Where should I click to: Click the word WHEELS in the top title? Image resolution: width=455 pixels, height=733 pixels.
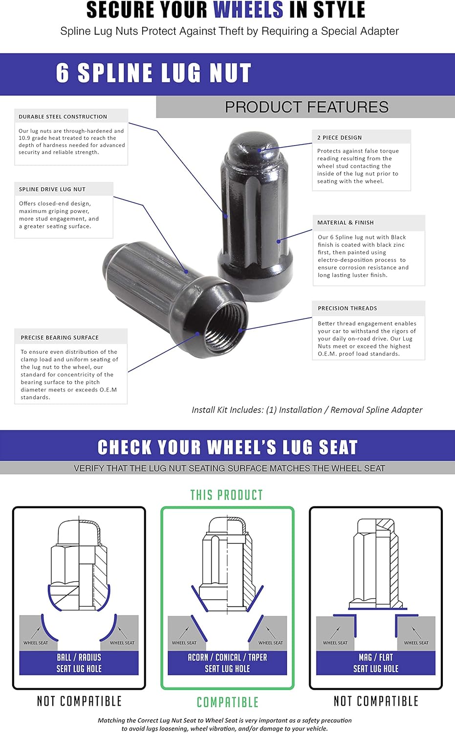(x=248, y=10)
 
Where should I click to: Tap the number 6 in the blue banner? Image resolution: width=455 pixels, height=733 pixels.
(x=63, y=73)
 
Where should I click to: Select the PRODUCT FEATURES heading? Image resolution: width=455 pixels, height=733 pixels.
(x=306, y=107)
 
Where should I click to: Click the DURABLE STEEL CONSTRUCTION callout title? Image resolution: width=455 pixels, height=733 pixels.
(x=63, y=117)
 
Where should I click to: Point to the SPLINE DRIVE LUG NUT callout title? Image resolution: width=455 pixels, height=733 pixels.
(x=52, y=189)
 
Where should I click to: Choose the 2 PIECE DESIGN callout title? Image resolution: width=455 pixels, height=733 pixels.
(x=339, y=138)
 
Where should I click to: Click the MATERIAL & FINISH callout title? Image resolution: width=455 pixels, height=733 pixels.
(x=346, y=222)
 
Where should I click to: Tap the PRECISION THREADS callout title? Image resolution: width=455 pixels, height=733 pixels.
(x=347, y=308)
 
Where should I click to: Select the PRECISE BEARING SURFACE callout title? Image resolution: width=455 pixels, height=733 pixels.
(x=60, y=337)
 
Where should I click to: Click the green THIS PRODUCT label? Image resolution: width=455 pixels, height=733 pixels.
(x=227, y=495)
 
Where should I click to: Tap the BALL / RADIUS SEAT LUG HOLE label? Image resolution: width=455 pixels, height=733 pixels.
(x=79, y=663)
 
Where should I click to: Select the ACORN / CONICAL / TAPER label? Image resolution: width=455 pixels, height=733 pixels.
(x=227, y=658)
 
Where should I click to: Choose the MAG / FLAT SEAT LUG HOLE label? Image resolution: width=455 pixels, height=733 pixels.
(x=376, y=663)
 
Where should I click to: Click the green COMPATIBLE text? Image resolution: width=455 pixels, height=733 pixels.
(x=227, y=702)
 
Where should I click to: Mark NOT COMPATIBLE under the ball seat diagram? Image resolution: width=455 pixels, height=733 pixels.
(x=79, y=701)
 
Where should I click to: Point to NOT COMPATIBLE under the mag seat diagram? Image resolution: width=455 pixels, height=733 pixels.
(x=376, y=701)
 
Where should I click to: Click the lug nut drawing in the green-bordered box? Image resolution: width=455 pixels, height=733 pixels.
(x=227, y=562)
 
